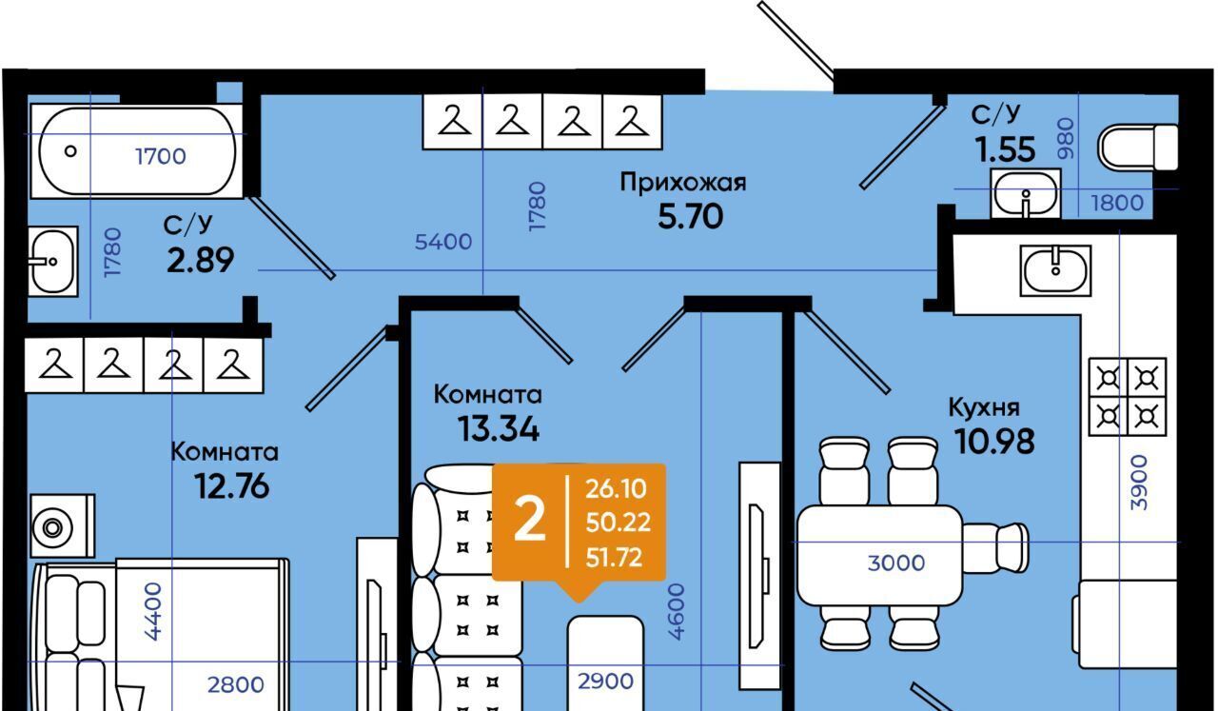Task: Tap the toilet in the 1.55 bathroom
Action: tap(1137, 148)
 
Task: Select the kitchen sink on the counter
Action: tap(1056, 270)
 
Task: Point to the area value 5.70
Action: tap(690, 217)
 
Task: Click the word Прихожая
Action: tap(682, 183)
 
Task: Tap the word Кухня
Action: tap(984, 407)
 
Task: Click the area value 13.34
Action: tap(498, 429)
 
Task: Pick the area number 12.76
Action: tap(231, 486)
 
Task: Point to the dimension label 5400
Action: tap(442, 242)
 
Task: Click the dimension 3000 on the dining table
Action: tap(895, 563)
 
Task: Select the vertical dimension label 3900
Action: tap(1139, 482)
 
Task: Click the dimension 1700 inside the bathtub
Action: tap(160, 156)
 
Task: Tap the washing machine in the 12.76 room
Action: tap(62, 525)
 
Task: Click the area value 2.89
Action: tap(200, 259)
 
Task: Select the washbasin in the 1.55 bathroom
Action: tap(1025, 193)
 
